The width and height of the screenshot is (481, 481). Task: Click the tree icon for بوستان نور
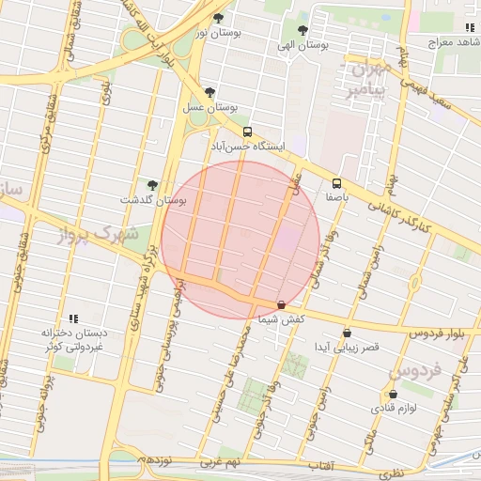[x=219, y=18]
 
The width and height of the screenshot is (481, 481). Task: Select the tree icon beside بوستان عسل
[x=209, y=92]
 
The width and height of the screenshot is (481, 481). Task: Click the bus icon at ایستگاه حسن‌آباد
[x=247, y=132]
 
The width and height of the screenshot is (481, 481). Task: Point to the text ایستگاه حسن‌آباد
[x=247, y=148]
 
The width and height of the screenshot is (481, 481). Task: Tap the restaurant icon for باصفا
[x=336, y=183]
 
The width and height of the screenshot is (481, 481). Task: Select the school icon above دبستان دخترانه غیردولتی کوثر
[x=73, y=318]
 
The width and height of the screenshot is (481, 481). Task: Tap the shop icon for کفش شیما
[x=282, y=304]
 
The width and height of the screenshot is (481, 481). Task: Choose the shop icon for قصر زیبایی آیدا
[x=348, y=332]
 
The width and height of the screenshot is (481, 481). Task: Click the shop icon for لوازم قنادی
[x=393, y=394]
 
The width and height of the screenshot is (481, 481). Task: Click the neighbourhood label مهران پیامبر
[x=366, y=81]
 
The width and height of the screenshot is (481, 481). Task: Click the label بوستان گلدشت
[x=153, y=200]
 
